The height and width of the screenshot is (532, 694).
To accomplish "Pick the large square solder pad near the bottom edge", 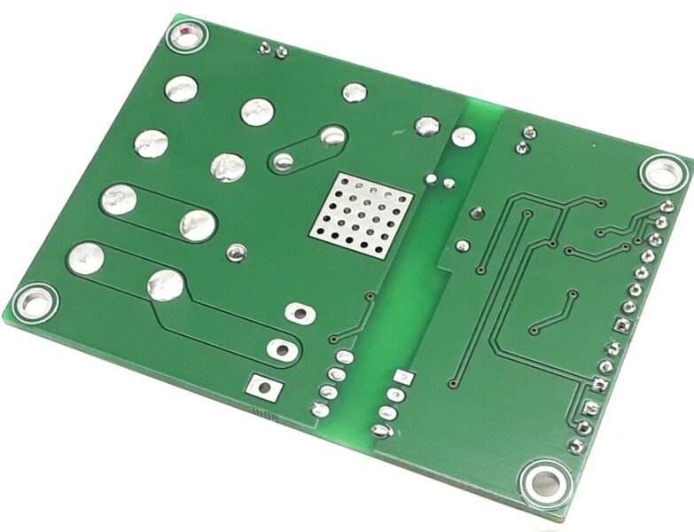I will [x=263, y=386].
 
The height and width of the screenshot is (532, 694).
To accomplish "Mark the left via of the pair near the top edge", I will [x=264, y=49].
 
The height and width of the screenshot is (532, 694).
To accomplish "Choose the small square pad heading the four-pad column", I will [x=403, y=376].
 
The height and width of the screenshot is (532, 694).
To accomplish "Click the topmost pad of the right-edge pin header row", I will [x=666, y=207].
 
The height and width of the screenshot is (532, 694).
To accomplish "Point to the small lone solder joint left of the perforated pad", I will [x=235, y=253].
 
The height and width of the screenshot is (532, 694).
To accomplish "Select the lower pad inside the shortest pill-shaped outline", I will [x=284, y=161].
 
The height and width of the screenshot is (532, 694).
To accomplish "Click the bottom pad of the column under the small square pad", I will [x=381, y=431].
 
